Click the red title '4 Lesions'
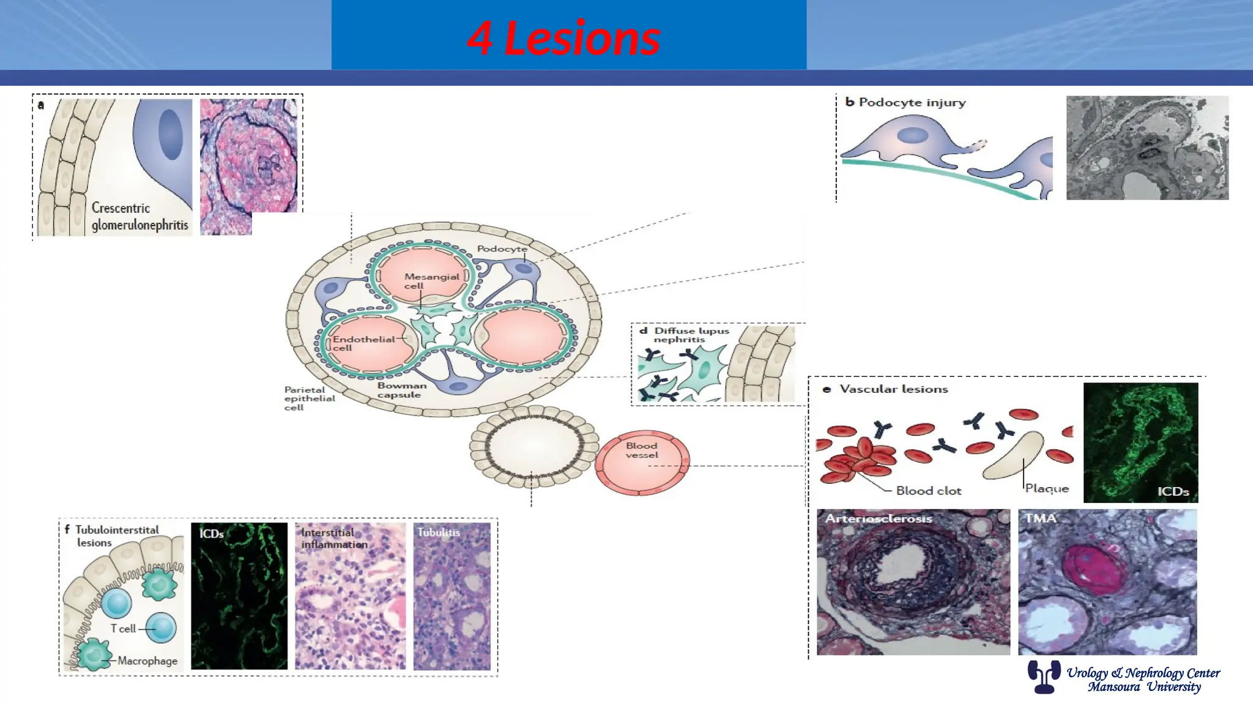[x=563, y=38]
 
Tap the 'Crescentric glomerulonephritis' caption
[x=140, y=217]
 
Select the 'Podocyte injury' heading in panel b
[x=912, y=102]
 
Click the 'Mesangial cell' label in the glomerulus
[x=431, y=281]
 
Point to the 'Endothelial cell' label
[x=363, y=343]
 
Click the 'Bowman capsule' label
[x=401, y=390]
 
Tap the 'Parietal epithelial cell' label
[x=310, y=398]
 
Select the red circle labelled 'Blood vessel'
[x=642, y=462]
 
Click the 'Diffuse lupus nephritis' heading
[x=691, y=335]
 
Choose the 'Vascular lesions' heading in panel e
[x=893, y=389]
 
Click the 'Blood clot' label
[x=928, y=491]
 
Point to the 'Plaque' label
[x=1047, y=488]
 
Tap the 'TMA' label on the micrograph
[x=1040, y=518]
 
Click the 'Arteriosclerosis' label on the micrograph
[x=879, y=518]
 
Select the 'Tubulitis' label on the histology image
[x=439, y=532]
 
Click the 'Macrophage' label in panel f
[x=147, y=661]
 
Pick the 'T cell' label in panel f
[x=123, y=629]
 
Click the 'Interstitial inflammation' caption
[x=334, y=539]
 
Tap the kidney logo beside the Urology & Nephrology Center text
[x=1044, y=676]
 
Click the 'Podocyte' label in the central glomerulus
[x=502, y=249]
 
